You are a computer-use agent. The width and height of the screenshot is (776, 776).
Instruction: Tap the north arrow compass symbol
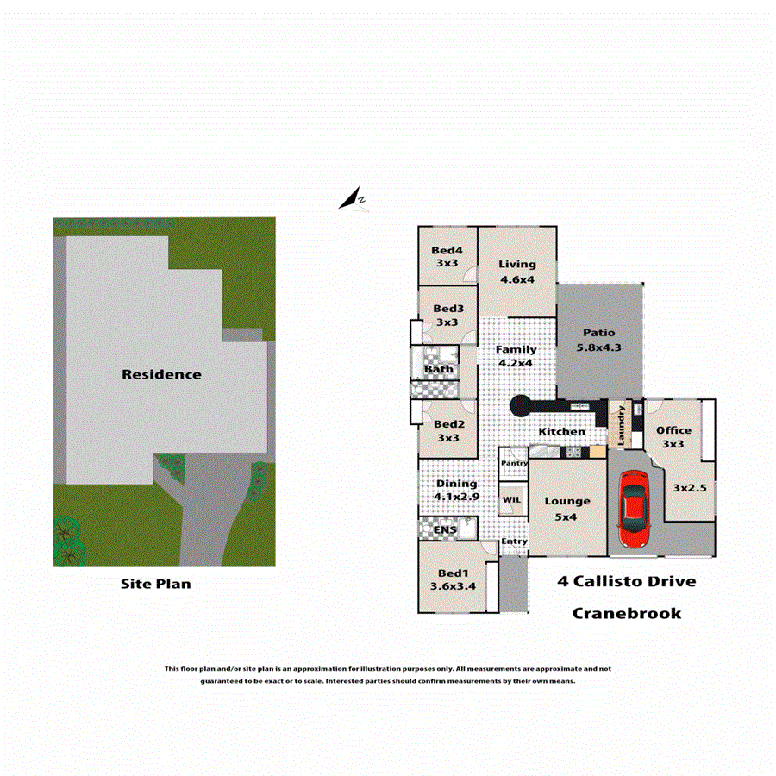[x=352, y=201]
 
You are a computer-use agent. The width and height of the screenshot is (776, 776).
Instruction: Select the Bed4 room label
[x=447, y=257]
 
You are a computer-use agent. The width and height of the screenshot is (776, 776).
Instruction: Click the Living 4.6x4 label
[x=517, y=272]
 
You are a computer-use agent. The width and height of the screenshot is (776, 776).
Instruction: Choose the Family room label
[x=516, y=356]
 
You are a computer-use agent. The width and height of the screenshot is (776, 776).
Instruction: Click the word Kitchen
[x=562, y=432]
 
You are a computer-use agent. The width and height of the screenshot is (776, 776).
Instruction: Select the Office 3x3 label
[x=673, y=436]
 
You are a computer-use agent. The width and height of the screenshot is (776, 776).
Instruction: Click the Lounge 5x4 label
[x=567, y=508]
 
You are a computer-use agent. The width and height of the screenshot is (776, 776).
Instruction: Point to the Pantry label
[x=514, y=463]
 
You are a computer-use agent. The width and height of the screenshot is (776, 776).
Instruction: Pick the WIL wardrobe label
[x=512, y=498]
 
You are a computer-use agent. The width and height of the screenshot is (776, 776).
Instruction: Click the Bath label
[x=437, y=370]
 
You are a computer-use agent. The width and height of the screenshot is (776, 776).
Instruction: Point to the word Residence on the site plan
[x=161, y=374]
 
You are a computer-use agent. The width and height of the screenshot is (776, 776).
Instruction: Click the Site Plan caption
[x=155, y=584]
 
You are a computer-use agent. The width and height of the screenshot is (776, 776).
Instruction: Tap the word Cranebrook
[x=627, y=613]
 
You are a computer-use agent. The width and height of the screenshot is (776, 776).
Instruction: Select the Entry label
[x=514, y=541]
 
